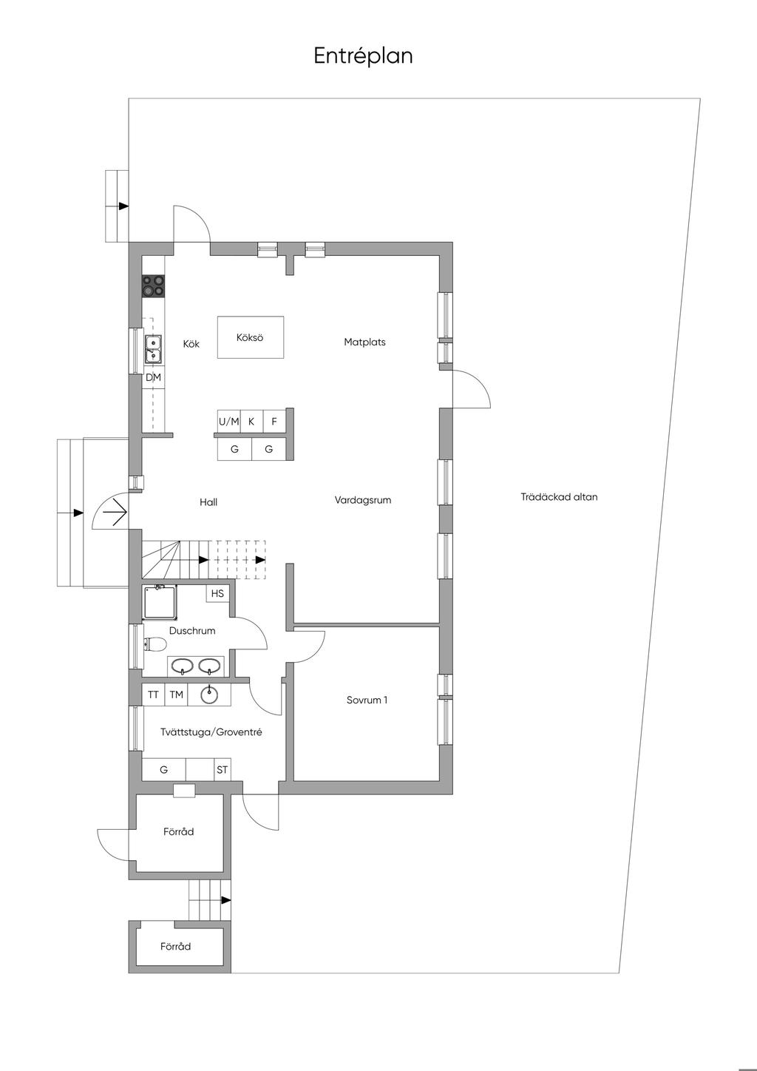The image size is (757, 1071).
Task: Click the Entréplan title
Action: (363, 56)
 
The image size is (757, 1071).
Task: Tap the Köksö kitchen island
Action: (251, 337)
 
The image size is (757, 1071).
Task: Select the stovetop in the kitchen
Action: (154, 286)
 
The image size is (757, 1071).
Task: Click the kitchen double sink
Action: (154, 348)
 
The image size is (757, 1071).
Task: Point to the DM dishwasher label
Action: (154, 377)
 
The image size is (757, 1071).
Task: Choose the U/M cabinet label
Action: (229, 422)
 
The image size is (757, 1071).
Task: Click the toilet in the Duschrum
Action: (155, 644)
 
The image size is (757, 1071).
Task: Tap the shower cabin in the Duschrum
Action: (160, 601)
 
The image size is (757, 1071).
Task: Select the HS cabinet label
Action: (217, 593)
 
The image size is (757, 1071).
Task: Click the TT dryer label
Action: (153, 695)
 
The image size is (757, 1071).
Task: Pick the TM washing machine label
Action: (177, 695)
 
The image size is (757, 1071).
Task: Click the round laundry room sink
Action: (209, 695)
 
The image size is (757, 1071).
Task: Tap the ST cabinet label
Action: (223, 770)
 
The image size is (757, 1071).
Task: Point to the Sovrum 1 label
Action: (367, 700)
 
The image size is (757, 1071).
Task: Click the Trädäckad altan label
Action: (559, 497)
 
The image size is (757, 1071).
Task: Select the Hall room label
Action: (208, 502)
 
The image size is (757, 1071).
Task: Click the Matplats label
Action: (364, 342)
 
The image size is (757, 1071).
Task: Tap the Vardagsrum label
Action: (363, 500)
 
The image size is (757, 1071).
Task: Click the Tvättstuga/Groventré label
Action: (211, 732)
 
